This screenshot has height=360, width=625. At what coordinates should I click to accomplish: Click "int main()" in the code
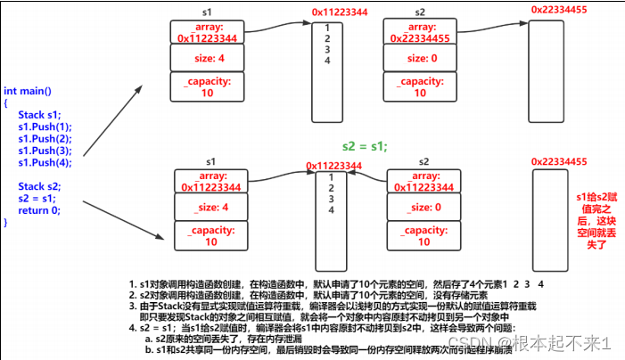[x=28, y=92]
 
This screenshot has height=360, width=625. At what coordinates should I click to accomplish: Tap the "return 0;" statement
[x=38, y=210]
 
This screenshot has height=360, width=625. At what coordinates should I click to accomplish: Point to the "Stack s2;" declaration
[x=40, y=186]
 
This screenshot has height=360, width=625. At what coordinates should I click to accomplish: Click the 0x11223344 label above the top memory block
[x=341, y=12]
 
